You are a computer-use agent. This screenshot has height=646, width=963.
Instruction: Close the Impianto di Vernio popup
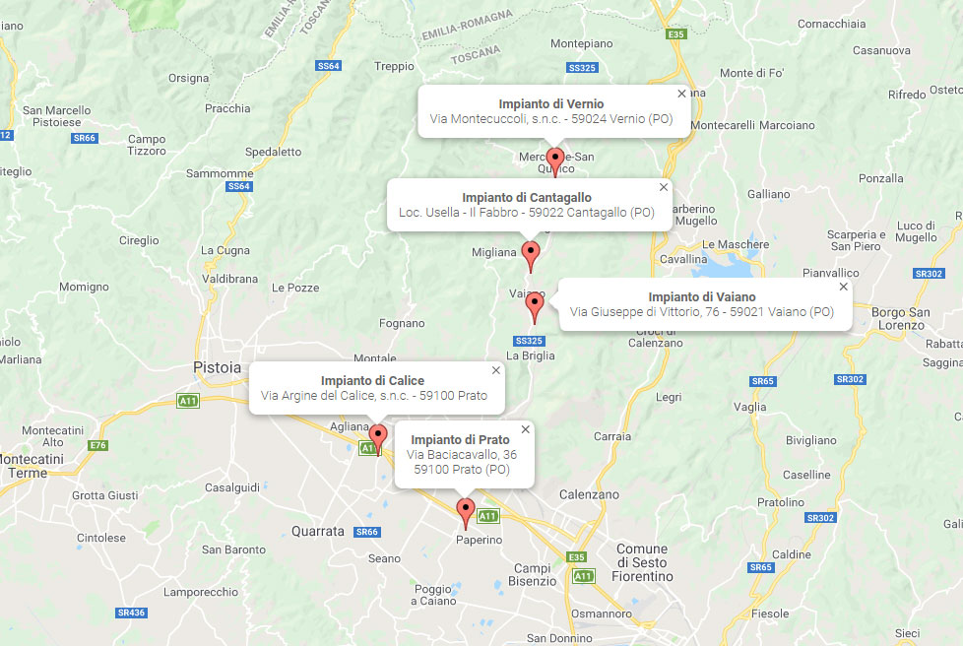click(681, 94)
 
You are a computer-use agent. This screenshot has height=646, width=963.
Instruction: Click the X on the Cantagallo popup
click(663, 187)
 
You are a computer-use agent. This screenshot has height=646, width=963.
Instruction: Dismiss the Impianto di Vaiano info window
click(843, 287)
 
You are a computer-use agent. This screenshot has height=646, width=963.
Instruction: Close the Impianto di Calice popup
click(495, 370)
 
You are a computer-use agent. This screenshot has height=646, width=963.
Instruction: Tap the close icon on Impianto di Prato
click(525, 429)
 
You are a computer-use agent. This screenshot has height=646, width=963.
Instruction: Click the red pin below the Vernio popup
click(555, 160)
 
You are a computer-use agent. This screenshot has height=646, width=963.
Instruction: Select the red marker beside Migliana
click(531, 254)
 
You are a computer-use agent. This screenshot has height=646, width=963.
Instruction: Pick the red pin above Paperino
click(467, 511)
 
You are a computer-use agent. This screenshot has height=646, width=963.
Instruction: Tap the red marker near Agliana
click(378, 436)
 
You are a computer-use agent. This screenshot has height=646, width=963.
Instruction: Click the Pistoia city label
click(217, 367)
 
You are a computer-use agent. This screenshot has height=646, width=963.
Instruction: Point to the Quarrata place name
click(318, 531)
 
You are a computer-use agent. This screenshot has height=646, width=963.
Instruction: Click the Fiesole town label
click(770, 614)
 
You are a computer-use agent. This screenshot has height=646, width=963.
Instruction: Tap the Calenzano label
click(589, 494)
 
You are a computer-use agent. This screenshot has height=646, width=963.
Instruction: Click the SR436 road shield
click(130, 613)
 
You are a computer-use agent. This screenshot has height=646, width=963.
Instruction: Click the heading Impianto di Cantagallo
click(527, 197)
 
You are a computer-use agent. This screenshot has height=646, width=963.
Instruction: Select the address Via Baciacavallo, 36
click(462, 454)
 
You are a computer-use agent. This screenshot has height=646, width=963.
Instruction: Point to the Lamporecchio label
click(201, 592)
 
